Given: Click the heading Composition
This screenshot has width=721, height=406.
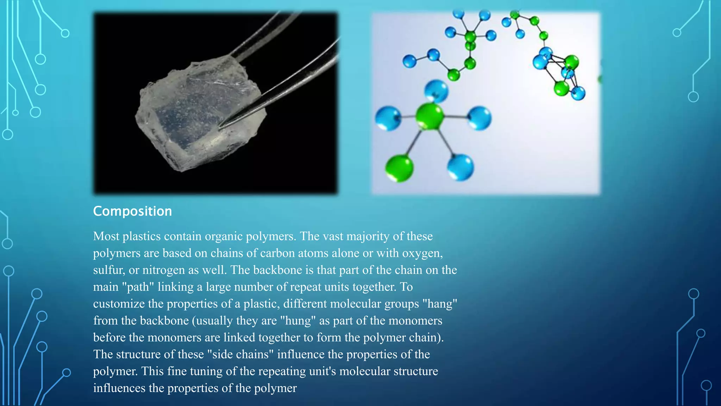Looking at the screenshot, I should (132, 211).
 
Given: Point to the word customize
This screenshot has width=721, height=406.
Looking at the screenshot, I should (119, 304).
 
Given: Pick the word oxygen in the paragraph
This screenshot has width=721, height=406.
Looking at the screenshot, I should (422, 253).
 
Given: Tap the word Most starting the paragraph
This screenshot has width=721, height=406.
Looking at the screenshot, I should (106, 236).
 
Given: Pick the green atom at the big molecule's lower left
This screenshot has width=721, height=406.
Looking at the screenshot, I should (399, 168).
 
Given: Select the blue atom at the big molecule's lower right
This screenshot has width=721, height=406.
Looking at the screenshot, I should (460, 167).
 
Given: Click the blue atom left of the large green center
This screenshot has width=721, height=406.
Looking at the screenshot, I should (388, 118).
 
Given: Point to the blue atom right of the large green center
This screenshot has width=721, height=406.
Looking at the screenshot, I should (479, 118).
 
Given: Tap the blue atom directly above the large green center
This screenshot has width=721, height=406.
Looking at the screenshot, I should (436, 91).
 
